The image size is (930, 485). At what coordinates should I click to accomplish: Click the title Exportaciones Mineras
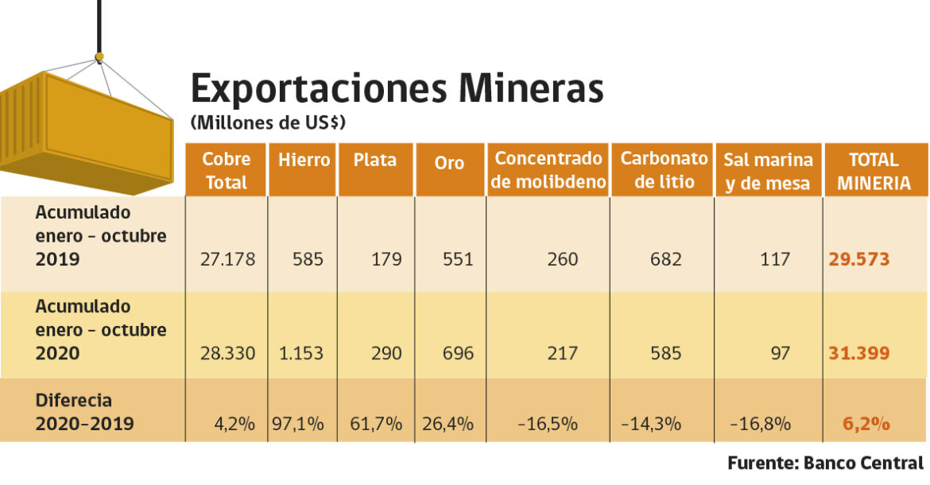pos(397,88)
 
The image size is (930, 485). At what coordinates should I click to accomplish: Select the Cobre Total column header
pos(227,170)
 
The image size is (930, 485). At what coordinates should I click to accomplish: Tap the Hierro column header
pos(304,160)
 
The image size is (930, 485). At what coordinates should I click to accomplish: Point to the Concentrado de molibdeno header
pos(548,170)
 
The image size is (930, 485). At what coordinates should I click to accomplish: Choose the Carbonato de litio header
pos(664,169)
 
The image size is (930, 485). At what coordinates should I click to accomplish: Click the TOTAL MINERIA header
pos(874,171)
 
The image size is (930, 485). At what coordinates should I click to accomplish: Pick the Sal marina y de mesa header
pos(768,171)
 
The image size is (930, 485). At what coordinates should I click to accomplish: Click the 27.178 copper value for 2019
pos(228,259)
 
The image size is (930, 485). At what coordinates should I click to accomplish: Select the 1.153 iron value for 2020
pos(304,353)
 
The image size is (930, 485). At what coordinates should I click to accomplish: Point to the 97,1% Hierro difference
pos(298,424)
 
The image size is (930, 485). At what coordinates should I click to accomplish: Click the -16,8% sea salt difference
pos(761,424)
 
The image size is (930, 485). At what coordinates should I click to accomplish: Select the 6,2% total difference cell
pos(866,424)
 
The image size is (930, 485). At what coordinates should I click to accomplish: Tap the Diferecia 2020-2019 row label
pos(84,412)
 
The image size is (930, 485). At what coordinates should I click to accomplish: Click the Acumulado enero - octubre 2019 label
pos(100,236)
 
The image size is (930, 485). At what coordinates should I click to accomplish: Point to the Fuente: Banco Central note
pos(825,463)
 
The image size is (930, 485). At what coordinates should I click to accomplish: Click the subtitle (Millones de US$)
pos(268,123)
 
